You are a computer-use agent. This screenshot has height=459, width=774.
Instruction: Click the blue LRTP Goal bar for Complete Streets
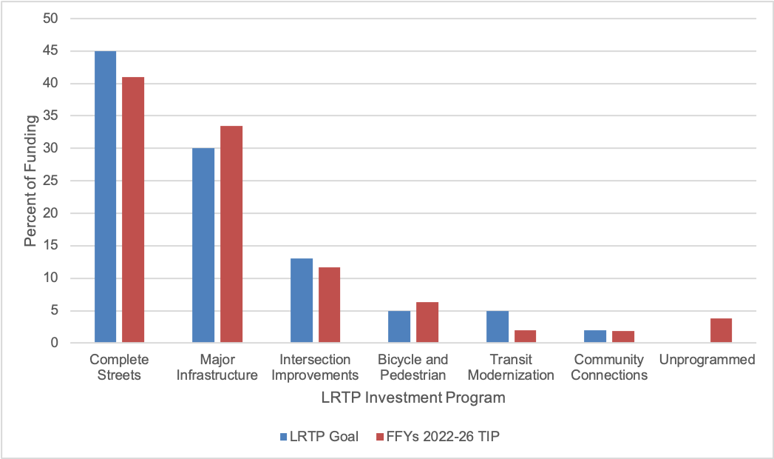[x=105, y=197]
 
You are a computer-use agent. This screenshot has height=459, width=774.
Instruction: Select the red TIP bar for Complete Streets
[x=133, y=210]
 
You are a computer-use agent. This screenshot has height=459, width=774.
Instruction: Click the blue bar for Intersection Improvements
[x=302, y=301]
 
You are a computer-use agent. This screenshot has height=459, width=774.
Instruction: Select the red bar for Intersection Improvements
[x=329, y=305]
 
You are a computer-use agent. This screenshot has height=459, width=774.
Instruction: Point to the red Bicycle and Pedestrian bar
[x=427, y=323]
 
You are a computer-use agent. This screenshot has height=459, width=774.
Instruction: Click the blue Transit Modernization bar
[x=498, y=327]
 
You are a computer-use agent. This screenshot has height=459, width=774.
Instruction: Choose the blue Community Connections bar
[x=596, y=337]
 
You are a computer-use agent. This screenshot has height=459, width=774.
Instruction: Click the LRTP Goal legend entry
[x=319, y=436]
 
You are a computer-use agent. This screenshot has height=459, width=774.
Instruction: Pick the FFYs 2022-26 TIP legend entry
[x=438, y=436]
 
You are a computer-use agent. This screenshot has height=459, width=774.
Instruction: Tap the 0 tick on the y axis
[x=54, y=343]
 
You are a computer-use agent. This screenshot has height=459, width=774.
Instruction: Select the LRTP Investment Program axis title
[x=413, y=398]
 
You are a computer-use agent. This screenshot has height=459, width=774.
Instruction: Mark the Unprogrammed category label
[x=707, y=360]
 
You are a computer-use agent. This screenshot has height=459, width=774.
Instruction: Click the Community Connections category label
[x=610, y=367]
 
